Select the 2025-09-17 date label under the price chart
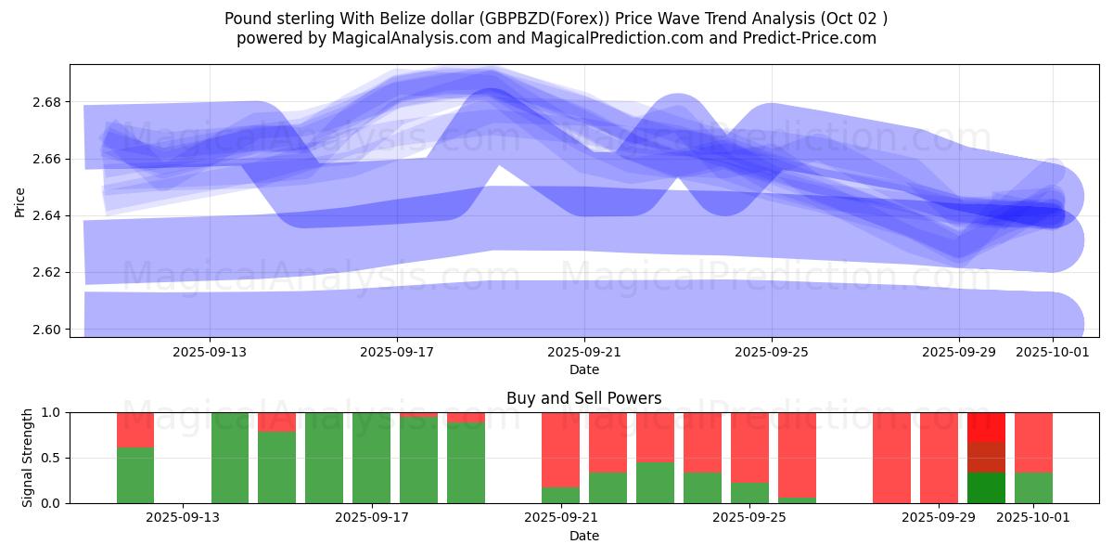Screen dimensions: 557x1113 [397, 353]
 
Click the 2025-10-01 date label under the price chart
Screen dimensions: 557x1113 [1053, 353]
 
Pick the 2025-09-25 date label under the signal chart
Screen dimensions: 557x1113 [748, 518]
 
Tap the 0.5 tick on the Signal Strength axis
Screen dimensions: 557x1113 [52, 458]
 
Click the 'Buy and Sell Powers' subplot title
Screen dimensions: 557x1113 [583, 398]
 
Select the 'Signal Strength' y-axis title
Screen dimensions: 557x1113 [28, 458]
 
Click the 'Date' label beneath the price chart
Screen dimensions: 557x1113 [583, 369]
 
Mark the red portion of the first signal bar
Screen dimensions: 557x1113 [135, 430]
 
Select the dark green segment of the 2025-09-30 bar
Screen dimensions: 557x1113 [986, 487]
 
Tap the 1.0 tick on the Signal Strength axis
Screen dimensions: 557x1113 [52, 412]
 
